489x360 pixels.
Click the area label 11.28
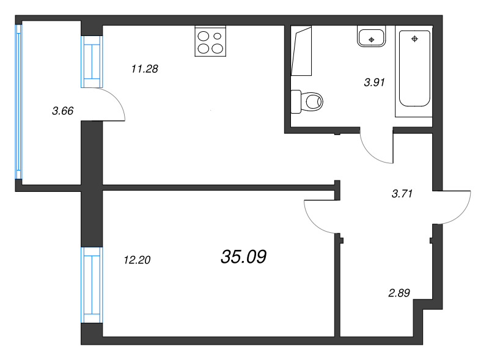click(145, 69)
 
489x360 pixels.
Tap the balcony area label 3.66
click(63, 111)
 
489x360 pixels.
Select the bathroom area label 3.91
click(373, 83)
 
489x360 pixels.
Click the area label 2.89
click(400, 292)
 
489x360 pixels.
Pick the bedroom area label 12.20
click(137, 260)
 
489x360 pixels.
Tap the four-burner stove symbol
click(210, 41)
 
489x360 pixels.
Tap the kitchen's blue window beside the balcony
click(92, 62)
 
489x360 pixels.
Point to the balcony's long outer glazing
click(18, 102)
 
